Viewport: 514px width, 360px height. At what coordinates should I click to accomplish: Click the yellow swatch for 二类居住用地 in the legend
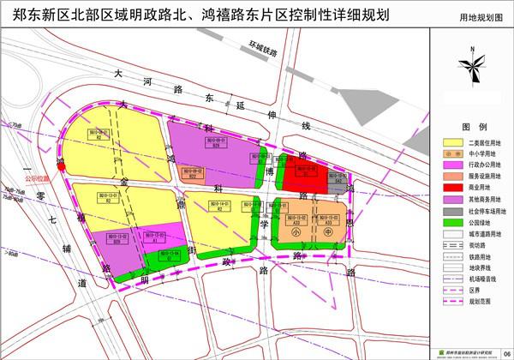(451, 141)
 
